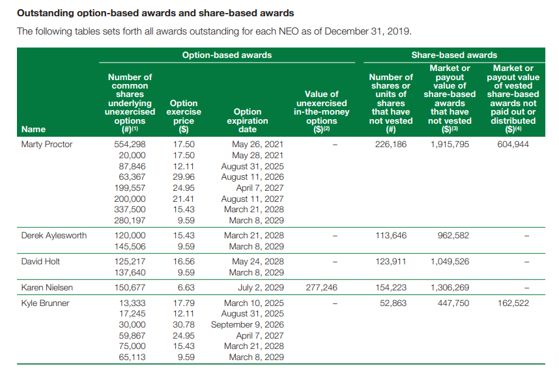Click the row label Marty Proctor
pos(47,145)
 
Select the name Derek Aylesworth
pos(53,236)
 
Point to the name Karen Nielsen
pos(46,287)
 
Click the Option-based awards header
pos(227,55)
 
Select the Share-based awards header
pos(454,55)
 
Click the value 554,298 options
pos(130,145)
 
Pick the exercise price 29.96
pos(184,177)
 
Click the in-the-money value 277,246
pos(321,287)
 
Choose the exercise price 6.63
pos(186,287)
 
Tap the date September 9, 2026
pos(247,325)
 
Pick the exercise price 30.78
pos(184,325)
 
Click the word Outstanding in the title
pos(46,12)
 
